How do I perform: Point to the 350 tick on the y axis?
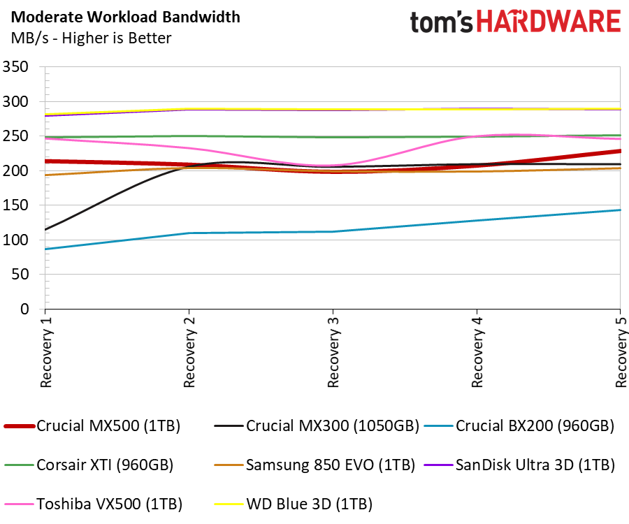point(15,67)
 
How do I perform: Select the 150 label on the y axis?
point(15,205)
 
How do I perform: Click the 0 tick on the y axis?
point(24,309)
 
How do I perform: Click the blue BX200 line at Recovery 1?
point(46,249)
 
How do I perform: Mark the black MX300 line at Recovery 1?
point(46,229)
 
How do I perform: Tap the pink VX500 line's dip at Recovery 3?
point(333,166)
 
